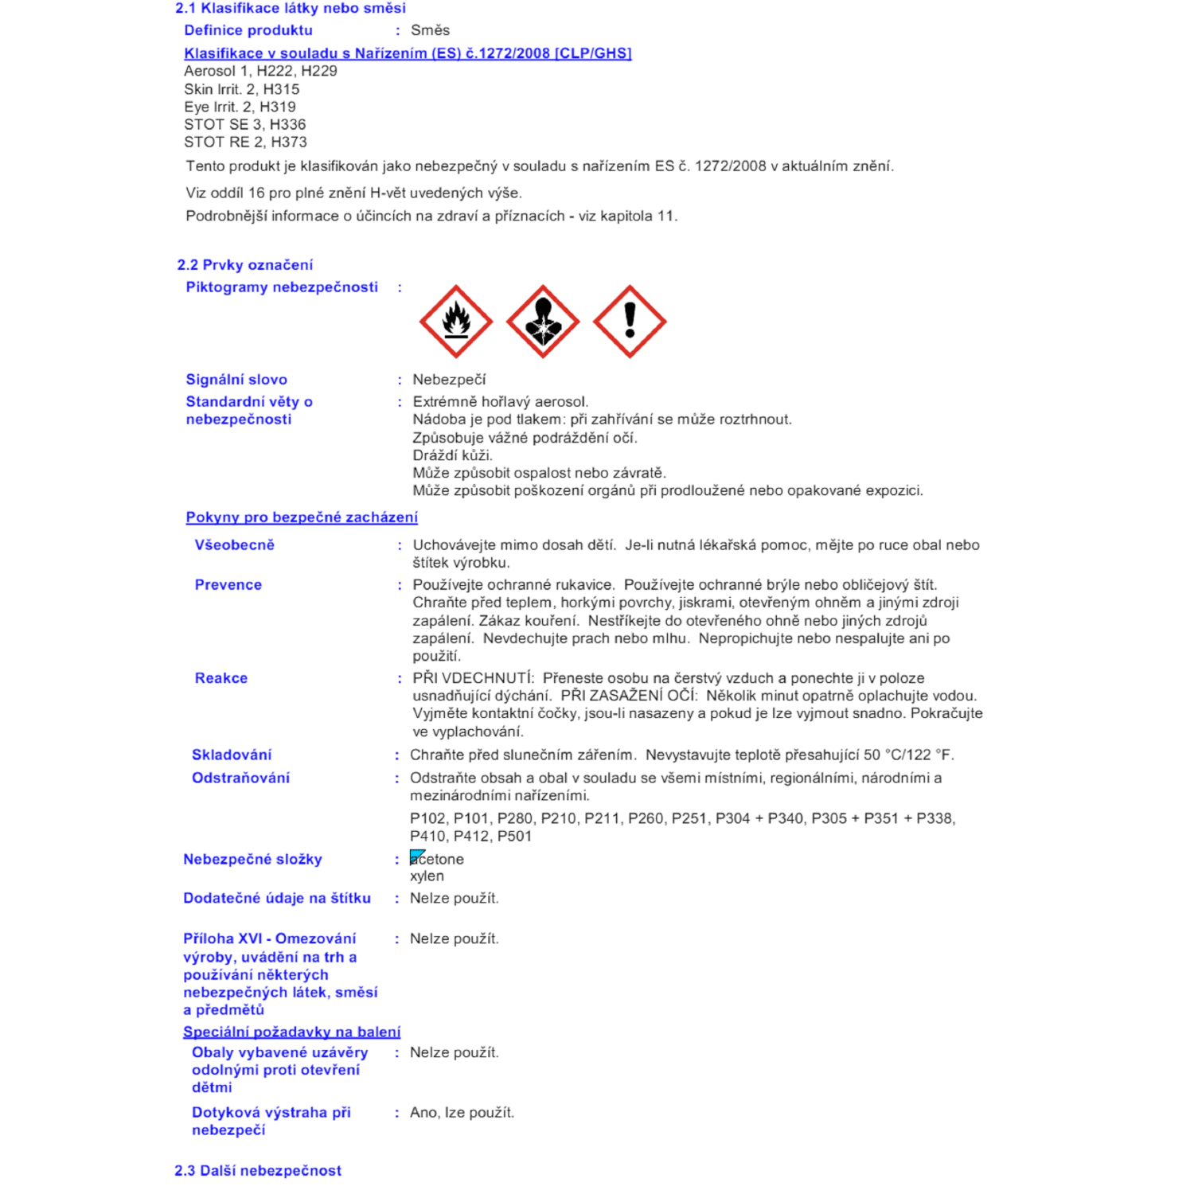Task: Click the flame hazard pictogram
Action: (456, 322)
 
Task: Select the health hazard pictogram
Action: (543, 322)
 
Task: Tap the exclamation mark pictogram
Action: (630, 322)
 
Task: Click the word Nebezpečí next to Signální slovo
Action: (449, 380)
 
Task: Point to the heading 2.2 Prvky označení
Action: (244, 265)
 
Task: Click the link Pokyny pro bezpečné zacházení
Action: (302, 517)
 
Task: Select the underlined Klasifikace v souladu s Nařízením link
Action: (408, 53)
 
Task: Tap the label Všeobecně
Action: (235, 545)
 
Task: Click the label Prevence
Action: (228, 585)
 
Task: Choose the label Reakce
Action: (221, 678)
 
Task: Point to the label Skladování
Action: (232, 755)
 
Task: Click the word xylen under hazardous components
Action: (427, 876)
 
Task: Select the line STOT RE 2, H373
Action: (245, 142)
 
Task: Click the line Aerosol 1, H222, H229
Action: (260, 71)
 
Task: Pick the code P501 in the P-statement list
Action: (514, 837)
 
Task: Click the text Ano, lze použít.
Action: (462, 1113)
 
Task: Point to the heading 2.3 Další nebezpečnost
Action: (258, 1171)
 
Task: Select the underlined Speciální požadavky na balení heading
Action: (292, 1032)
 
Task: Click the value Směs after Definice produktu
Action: (430, 30)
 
